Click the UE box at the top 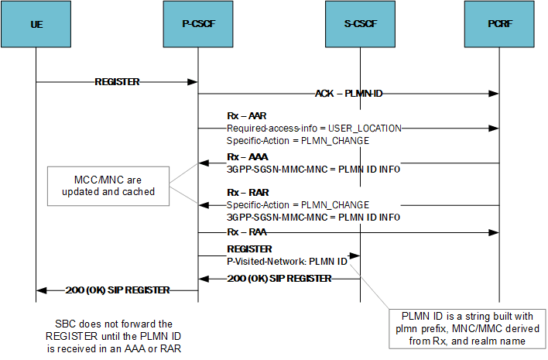click(x=36, y=25)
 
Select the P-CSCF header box click(x=198, y=25)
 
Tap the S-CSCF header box click(x=360, y=25)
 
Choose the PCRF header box click(x=499, y=25)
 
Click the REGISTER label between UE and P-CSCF click(x=117, y=81)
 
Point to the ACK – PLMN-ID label click(x=348, y=94)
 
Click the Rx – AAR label click(x=245, y=115)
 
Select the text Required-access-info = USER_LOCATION click(x=314, y=128)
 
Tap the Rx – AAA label click(x=245, y=156)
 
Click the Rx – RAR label click(x=245, y=192)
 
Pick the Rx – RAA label click(x=245, y=231)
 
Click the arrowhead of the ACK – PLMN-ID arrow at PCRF click(x=494, y=94)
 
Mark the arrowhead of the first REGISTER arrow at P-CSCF click(x=194, y=81)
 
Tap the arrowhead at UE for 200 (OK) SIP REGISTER click(x=41, y=291)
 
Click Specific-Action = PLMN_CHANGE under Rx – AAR click(x=297, y=140)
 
